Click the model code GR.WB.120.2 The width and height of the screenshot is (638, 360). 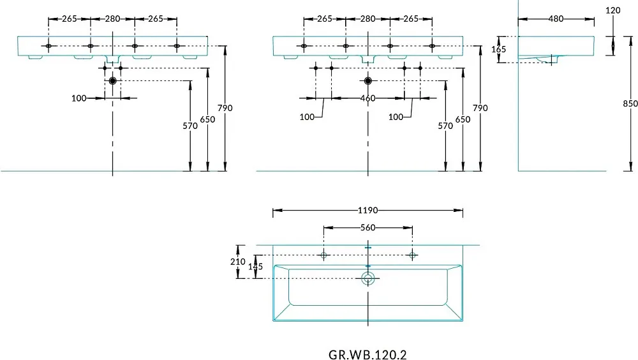point(367,355)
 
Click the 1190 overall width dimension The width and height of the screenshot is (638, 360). point(367,210)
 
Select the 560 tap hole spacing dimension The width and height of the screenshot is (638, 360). point(367,228)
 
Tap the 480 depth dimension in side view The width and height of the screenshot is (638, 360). point(556,19)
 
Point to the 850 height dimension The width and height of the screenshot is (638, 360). point(630,104)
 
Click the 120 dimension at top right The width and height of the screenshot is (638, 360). point(612,10)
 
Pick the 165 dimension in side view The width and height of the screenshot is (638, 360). point(498,49)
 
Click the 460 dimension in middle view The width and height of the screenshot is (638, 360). point(367,98)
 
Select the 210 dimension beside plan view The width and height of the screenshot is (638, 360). point(237,262)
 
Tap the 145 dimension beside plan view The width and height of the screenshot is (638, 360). point(256,267)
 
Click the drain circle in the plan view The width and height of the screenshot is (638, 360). point(368,278)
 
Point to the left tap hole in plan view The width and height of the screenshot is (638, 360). point(324,255)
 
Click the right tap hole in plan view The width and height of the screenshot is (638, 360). point(412,255)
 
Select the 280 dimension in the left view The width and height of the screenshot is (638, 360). point(113,19)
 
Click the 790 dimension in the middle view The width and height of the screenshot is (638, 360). point(480,108)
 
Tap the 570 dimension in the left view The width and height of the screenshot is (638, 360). point(190,126)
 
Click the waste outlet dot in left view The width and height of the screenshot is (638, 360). point(113,81)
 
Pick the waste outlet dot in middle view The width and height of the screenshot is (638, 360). point(368,81)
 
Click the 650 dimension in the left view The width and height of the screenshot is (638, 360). point(207,119)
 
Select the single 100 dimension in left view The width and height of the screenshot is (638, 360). point(79,98)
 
